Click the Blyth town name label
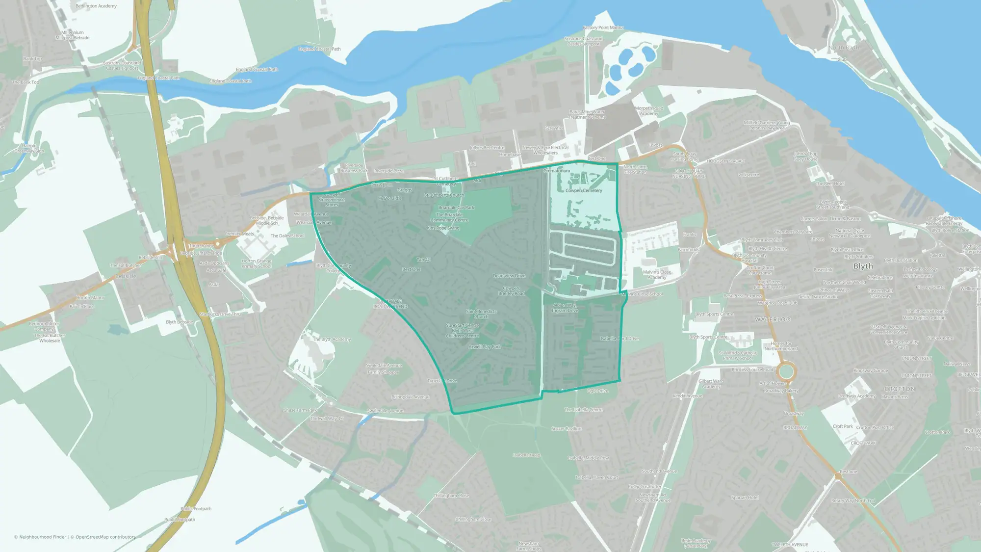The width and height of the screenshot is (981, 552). (x=863, y=266)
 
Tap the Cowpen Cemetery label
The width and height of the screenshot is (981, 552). (x=584, y=190)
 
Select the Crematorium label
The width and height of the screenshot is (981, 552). (x=557, y=171)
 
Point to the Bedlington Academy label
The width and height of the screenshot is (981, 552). (x=96, y=6)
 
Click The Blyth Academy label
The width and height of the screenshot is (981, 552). (x=332, y=339)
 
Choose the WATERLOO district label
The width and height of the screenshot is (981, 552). (x=773, y=319)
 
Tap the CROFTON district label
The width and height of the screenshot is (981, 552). (x=900, y=389)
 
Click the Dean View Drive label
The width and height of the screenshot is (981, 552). (x=509, y=276)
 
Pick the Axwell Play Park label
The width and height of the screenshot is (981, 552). (x=485, y=346)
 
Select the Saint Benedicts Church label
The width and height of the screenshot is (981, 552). (x=481, y=314)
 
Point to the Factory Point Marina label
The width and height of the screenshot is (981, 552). (x=603, y=27)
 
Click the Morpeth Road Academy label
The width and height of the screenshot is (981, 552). (x=649, y=111)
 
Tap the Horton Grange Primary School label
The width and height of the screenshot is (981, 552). (x=257, y=263)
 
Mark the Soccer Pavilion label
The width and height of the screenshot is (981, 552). (x=567, y=428)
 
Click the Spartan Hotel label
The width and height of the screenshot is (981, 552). (x=745, y=498)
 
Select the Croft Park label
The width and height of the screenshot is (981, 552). (x=843, y=426)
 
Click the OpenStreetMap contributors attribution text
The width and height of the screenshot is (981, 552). (x=105, y=537)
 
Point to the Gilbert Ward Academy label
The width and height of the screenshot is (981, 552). (x=711, y=384)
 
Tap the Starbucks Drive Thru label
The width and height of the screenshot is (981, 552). (x=221, y=314)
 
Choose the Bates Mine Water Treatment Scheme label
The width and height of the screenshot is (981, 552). (x=587, y=114)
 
